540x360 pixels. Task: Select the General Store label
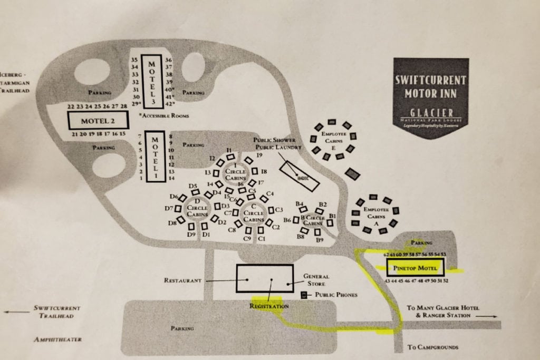click(x=316, y=279)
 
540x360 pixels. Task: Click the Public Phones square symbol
click(x=304, y=295)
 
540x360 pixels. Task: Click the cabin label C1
click(x=261, y=239)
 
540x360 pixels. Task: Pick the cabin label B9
click(x=320, y=240)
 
